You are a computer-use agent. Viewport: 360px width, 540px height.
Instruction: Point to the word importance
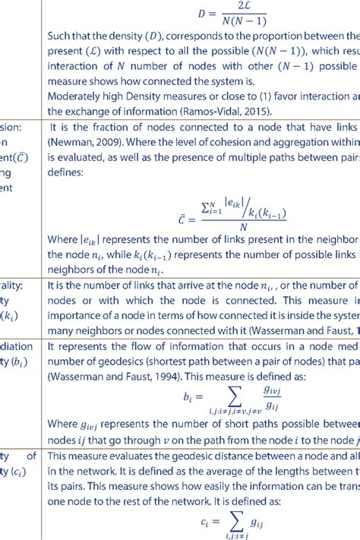point(77,314)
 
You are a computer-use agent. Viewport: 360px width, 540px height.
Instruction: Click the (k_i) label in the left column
point(10,314)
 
